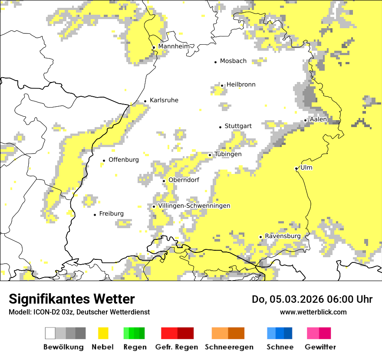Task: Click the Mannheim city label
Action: (x=174, y=46)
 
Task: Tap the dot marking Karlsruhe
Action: (x=145, y=101)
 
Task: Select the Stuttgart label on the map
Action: (x=238, y=126)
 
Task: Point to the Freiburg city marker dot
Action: (x=95, y=215)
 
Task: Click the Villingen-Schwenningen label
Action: (x=194, y=206)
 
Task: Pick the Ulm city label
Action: (x=306, y=167)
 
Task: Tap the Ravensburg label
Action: (x=283, y=236)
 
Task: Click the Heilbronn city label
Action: (x=241, y=85)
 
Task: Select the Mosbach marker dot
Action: (x=215, y=62)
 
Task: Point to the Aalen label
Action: (x=319, y=119)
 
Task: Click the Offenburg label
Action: (x=124, y=160)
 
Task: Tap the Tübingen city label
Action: (x=228, y=154)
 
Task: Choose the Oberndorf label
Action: (x=184, y=180)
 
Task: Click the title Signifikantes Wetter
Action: (x=72, y=299)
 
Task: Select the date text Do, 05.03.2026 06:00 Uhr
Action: (x=312, y=299)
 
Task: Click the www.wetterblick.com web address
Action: (x=313, y=312)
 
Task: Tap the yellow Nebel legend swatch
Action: (x=103, y=333)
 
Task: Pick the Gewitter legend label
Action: (x=320, y=347)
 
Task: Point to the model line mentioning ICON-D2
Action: (x=79, y=312)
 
